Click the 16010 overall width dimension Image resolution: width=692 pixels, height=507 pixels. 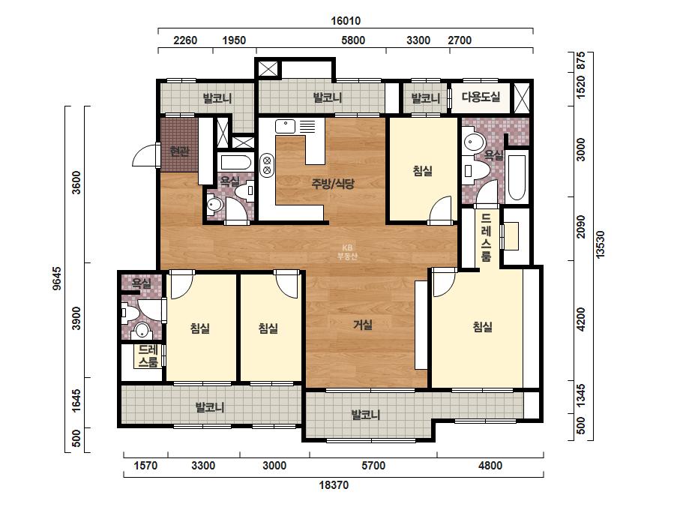tap(346, 21)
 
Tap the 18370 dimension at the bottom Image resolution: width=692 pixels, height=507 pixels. tap(334, 485)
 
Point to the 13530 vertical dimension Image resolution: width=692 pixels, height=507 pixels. tap(600, 244)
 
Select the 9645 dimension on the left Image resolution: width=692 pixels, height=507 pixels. tap(57, 278)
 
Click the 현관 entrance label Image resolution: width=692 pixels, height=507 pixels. tap(180, 151)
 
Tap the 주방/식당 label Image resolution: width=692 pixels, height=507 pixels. tap(333, 183)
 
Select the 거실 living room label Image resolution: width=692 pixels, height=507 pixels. tap(363, 325)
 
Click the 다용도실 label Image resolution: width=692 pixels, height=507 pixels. tap(481, 97)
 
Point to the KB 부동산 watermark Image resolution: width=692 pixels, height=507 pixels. tap(347, 252)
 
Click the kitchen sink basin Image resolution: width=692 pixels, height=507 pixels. tap(285, 127)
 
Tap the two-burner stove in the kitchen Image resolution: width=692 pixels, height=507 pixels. tap(267, 165)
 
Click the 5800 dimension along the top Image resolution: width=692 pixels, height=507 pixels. tap(353, 40)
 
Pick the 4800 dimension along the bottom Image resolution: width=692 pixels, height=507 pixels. tap(490, 466)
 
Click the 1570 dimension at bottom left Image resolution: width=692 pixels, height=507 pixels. tap(145, 466)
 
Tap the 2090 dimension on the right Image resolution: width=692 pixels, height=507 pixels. tap(581, 226)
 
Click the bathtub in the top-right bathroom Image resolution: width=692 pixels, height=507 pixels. tap(517, 177)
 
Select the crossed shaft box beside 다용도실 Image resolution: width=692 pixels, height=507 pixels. tap(522, 97)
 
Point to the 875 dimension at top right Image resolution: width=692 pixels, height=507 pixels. tap(581, 61)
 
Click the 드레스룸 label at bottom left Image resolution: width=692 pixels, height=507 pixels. tap(148, 356)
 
